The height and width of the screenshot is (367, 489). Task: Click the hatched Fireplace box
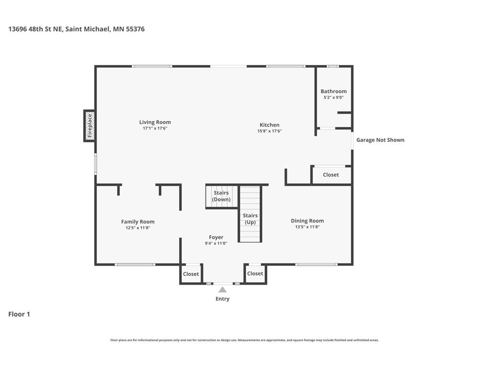(x=89, y=126)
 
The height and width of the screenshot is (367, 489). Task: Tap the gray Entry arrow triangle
(x=223, y=290)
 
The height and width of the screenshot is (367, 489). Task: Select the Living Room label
(x=155, y=122)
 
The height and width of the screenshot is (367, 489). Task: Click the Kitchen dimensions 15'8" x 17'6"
(x=269, y=131)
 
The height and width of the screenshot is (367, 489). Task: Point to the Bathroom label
(x=334, y=91)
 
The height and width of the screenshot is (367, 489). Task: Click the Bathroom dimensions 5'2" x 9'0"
(x=334, y=97)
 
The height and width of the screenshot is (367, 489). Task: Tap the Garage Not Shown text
(x=381, y=140)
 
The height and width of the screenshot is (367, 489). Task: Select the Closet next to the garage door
(x=331, y=175)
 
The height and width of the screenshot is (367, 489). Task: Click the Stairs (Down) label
(x=221, y=196)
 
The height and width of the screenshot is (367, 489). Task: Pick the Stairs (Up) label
(x=250, y=219)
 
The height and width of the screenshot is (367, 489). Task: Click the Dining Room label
(x=307, y=221)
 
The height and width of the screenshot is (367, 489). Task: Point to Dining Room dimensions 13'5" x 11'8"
(x=307, y=227)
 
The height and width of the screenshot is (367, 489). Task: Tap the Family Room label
(x=138, y=222)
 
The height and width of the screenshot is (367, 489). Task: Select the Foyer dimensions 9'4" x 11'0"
(x=216, y=243)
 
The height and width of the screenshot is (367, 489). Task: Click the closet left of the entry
(x=191, y=274)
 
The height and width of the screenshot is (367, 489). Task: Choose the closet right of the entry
(x=255, y=274)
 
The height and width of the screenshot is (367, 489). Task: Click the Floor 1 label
(x=19, y=314)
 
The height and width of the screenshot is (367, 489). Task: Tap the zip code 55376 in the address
(x=135, y=29)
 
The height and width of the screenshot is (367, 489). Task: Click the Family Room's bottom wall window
(x=135, y=265)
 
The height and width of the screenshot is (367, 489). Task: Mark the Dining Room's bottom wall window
(x=316, y=265)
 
